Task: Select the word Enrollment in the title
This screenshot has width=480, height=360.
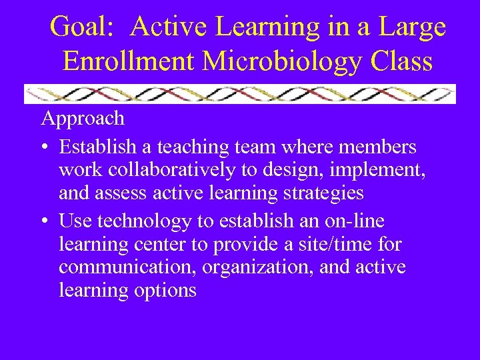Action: pos(129,61)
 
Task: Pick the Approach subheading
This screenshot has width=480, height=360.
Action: pos(83,119)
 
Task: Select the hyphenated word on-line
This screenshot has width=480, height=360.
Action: pos(357,221)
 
